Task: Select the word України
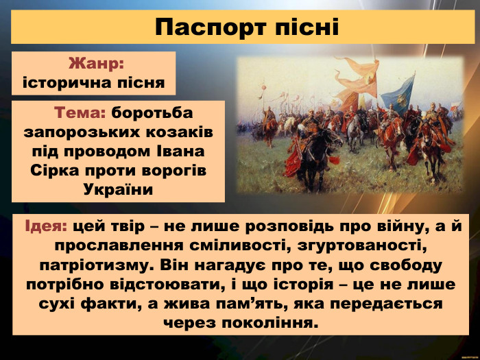[118, 187]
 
